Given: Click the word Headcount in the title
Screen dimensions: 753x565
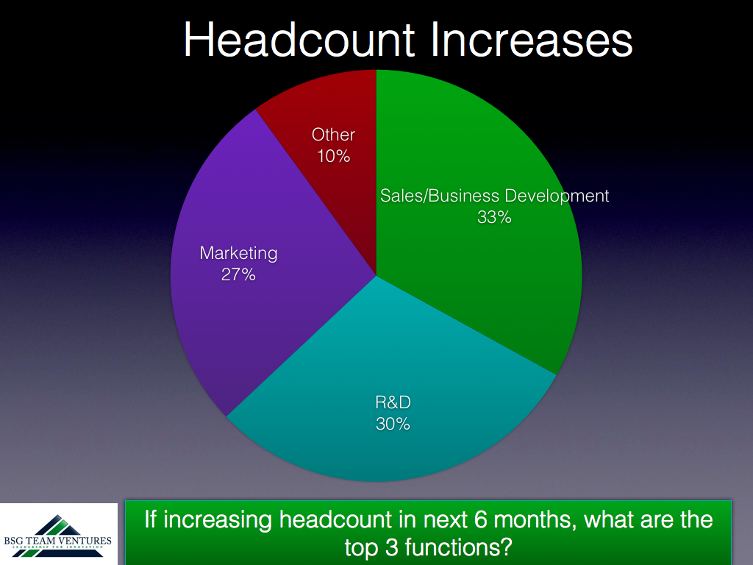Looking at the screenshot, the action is tap(300, 40).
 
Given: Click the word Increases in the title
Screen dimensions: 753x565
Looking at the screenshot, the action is tap(532, 40).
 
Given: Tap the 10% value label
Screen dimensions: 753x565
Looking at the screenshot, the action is tap(333, 156).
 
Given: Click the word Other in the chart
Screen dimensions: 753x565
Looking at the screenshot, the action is tap(333, 135).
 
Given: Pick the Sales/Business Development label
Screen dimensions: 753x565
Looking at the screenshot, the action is tap(495, 196).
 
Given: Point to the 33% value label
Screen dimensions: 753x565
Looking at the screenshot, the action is tap(494, 217).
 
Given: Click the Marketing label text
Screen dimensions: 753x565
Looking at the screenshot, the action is tap(239, 254).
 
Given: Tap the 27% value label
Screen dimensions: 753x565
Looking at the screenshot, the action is tap(238, 274).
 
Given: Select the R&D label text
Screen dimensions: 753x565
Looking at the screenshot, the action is tap(393, 402).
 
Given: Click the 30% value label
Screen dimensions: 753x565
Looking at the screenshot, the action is tap(393, 424).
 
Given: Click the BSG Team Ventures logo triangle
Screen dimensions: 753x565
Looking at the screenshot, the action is tap(57, 536).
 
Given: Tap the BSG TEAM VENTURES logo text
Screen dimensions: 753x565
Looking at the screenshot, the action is tap(57, 541).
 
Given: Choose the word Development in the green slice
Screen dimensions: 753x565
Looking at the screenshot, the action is tap(557, 196).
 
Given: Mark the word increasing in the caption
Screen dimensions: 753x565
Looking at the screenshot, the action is tap(218, 521).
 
